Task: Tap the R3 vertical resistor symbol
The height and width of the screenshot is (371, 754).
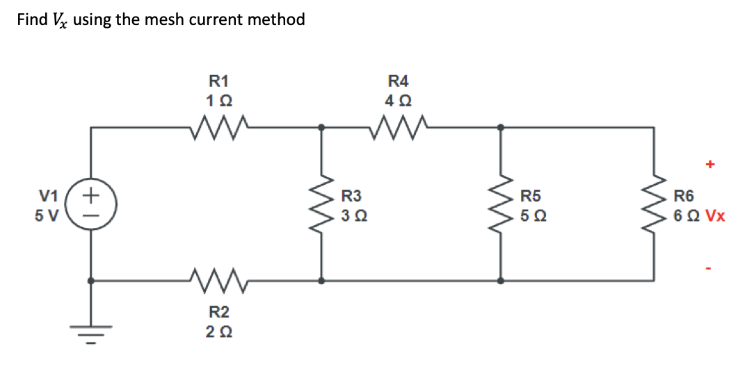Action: click(x=321, y=205)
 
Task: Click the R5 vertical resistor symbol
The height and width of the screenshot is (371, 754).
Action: click(x=500, y=205)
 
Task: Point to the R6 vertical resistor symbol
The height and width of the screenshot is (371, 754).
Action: click(x=653, y=205)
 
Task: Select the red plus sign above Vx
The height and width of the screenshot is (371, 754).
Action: click(x=709, y=165)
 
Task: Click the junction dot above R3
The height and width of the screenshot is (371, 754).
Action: click(x=321, y=127)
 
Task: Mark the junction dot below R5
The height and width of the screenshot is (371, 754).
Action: click(x=500, y=281)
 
